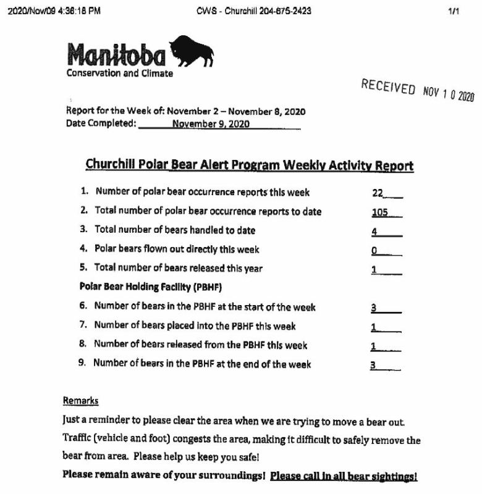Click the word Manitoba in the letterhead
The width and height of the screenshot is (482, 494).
(116, 56)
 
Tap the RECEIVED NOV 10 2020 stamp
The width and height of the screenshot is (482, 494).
(417, 91)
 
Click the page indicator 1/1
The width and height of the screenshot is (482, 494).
(455, 11)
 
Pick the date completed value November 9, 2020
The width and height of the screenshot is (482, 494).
(211, 124)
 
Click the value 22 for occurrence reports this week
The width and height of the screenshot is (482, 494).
(378, 193)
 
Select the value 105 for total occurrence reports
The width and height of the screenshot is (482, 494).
(380, 212)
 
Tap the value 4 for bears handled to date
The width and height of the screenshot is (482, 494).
(375, 231)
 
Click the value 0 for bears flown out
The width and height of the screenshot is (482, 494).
(374, 250)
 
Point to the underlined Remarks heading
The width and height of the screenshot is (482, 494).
(80, 401)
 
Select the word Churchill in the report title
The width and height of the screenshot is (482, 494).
(110, 165)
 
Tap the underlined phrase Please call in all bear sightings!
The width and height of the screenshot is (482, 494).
(344, 476)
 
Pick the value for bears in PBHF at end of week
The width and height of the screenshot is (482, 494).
(373, 364)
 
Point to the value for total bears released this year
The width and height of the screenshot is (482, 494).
(374, 269)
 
